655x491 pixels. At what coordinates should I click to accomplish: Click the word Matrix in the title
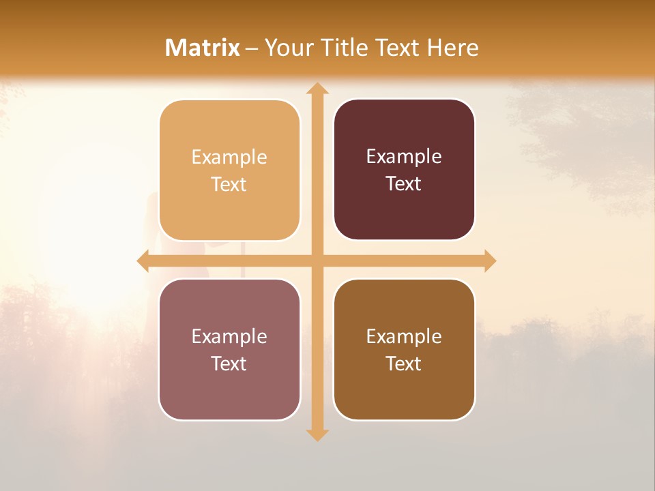[x=203, y=48]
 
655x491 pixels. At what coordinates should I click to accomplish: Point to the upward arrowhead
[x=317, y=89]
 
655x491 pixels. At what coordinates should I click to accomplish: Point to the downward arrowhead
[x=317, y=434]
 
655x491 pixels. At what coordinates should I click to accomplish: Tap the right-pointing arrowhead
[x=489, y=261]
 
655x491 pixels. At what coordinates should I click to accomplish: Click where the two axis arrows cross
[x=317, y=261]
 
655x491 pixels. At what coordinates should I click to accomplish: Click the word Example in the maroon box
[x=404, y=157]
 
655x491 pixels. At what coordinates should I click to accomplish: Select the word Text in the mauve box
[x=229, y=363]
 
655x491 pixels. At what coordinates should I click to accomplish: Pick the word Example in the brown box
[x=404, y=336]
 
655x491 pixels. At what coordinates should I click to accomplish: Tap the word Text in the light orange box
[x=229, y=184]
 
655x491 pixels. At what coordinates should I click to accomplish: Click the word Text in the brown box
[x=404, y=363]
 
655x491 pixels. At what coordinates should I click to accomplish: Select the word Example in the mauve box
[x=229, y=336]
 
